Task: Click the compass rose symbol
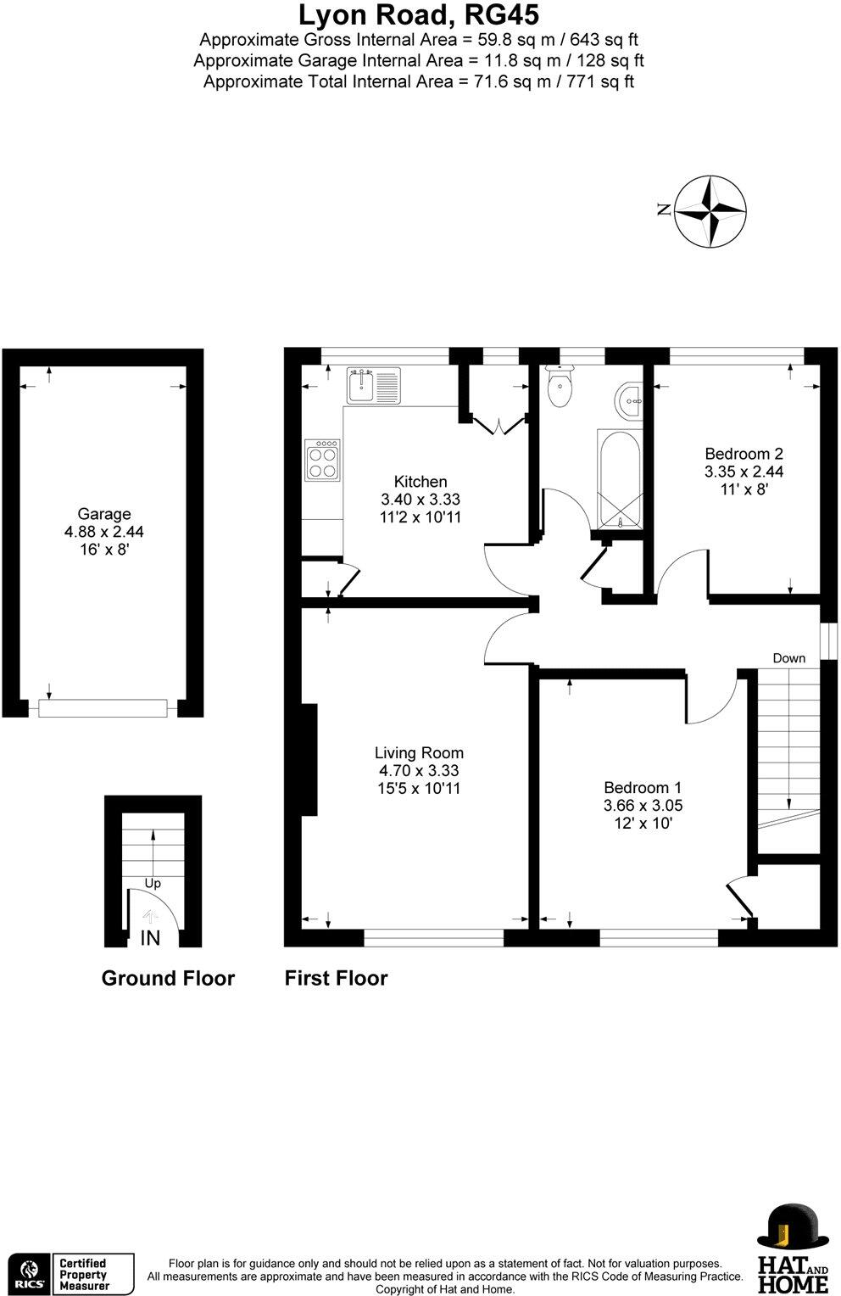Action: (x=710, y=212)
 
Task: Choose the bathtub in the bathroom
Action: (x=619, y=479)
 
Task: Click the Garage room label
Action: (x=104, y=514)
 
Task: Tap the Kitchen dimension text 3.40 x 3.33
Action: (x=420, y=500)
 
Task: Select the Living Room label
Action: (x=419, y=752)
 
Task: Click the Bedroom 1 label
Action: (x=642, y=788)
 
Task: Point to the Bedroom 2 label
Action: (x=744, y=454)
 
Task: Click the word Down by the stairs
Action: (x=788, y=658)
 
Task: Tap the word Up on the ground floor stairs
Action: (x=153, y=883)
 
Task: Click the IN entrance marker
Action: (x=150, y=937)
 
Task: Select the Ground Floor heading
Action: (x=168, y=978)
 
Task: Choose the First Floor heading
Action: (x=336, y=978)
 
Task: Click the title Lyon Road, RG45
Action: (x=419, y=14)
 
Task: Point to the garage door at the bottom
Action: (x=103, y=707)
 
